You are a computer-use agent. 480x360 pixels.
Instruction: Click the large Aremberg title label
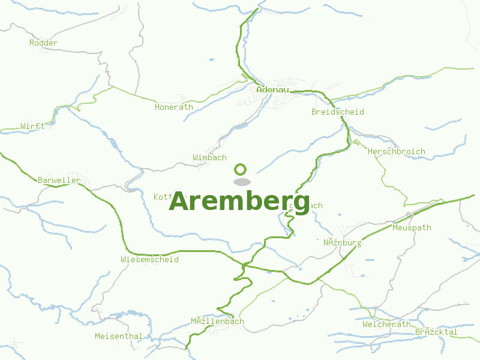(x=239, y=202)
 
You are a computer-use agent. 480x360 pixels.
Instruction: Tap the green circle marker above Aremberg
(x=241, y=169)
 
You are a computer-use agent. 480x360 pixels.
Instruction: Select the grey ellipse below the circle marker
(x=241, y=182)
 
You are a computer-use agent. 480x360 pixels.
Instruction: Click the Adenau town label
(x=272, y=90)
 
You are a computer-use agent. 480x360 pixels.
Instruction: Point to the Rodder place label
(x=43, y=43)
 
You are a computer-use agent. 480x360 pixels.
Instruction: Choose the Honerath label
(x=174, y=107)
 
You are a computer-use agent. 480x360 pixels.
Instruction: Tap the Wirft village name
(x=32, y=127)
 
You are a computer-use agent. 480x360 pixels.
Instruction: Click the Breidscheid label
(x=337, y=112)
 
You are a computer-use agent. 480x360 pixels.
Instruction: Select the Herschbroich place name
(x=396, y=152)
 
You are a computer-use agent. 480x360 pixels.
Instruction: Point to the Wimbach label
(x=209, y=158)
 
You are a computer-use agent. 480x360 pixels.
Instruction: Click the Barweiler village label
(x=59, y=181)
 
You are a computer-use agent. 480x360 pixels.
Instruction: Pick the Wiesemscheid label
(x=149, y=260)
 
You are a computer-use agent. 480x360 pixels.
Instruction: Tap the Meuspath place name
(x=412, y=228)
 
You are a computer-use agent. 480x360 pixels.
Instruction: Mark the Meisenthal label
(x=119, y=337)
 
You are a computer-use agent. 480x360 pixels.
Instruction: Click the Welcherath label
(x=386, y=325)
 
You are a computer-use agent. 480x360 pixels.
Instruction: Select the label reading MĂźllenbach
(x=217, y=322)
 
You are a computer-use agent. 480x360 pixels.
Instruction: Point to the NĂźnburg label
(x=343, y=243)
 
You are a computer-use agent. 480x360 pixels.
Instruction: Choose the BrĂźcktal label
(x=436, y=332)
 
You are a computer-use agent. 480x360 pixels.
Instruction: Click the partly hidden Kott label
(x=163, y=197)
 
